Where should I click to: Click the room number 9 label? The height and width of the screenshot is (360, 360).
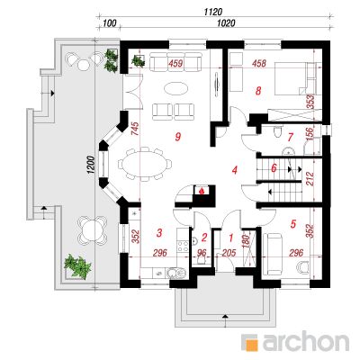(178, 137)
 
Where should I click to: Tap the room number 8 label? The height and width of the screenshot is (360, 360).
(258, 91)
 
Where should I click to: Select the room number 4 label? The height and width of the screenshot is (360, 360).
(235, 170)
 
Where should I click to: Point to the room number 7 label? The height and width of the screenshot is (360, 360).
(290, 138)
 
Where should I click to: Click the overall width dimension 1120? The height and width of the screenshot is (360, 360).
(213, 12)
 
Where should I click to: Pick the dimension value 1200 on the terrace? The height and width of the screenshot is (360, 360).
(92, 165)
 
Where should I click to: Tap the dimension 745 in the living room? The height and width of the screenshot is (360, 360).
(135, 129)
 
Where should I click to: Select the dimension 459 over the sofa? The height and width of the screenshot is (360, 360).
(175, 64)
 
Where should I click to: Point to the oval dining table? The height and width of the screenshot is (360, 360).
(146, 164)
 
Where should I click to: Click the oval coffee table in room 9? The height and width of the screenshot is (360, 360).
(175, 89)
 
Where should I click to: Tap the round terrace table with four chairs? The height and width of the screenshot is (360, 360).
(92, 229)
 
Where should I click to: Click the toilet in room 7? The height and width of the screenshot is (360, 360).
(277, 131)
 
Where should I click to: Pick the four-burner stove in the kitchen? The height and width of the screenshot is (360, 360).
(183, 246)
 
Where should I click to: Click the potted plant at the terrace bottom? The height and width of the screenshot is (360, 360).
(77, 266)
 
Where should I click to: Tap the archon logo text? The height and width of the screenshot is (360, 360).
(305, 341)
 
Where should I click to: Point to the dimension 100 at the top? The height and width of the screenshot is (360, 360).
(110, 22)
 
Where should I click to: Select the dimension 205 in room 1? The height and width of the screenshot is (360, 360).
(229, 253)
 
